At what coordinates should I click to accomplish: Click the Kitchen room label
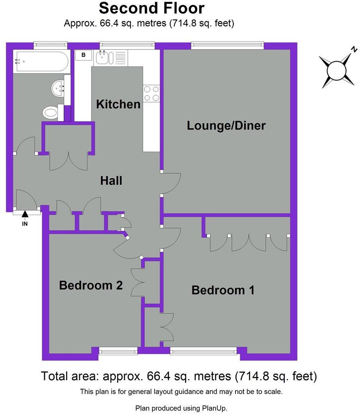click(x=118, y=104)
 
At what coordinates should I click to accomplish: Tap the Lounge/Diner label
click(x=226, y=125)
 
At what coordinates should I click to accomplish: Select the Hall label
click(x=111, y=181)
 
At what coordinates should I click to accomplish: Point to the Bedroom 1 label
click(x=223, y=290)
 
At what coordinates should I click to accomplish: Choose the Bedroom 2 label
click(x=91, y=286)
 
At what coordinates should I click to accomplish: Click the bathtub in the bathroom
click(x=42, y=61)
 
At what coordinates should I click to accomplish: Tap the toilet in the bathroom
click(x=50, y=113)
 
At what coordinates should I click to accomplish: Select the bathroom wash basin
click(x=58, y=87)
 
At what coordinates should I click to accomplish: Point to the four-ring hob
click(x=151, y=93)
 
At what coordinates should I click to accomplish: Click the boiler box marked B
click(x=84, y=55)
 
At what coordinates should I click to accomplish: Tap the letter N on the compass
click(x=354, y=49)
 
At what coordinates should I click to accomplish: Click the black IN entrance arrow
click(x=25, y=214)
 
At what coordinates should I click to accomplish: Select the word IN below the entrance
click(x=25, y=224)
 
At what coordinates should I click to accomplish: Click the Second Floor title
click(x=152, y=8)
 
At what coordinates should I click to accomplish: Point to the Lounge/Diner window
click(x=228, y=45)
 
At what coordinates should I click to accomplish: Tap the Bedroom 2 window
click(x=118, y=351)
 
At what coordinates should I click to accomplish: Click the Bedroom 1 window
click(x=203, y=351)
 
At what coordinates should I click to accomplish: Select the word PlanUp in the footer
click(x=214, y=408)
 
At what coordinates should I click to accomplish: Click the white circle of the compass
click(x=337, y=71)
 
